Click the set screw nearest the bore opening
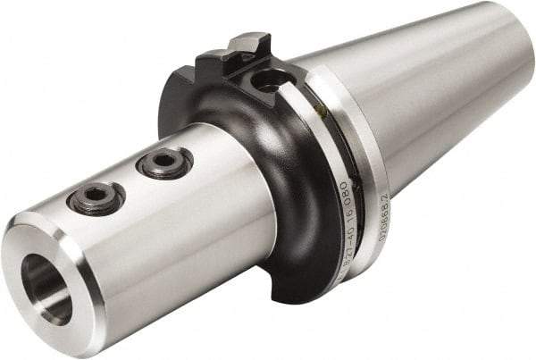(x=96, y=197)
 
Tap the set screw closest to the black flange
(x=164, y=163)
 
